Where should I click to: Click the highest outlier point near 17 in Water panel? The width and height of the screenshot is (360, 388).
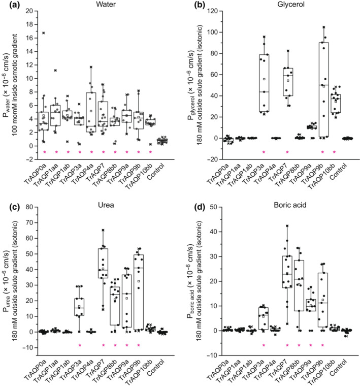[44, 33]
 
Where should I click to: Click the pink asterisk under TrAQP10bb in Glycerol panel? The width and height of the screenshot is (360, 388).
[335, 152]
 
